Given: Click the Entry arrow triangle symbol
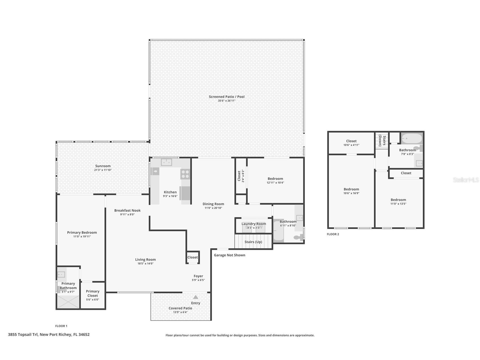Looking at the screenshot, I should [195, 297].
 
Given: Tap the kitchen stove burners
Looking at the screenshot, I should [185, 174].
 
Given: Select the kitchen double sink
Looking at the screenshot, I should [166, 162].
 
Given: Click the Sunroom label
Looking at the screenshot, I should [103, 166].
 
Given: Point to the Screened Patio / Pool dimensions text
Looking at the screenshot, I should [227, 101].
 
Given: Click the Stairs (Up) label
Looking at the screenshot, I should [253, 242].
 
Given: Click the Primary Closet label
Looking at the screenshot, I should [92, 293].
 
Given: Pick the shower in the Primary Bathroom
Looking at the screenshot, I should [68, 302].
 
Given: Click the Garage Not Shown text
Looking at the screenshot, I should [229, 255].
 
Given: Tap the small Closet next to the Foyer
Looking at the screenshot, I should [193, 257].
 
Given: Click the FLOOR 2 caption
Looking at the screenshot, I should [333, 234].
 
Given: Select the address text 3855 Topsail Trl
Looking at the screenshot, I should [49, 335].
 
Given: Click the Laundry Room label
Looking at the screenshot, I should [254, 224].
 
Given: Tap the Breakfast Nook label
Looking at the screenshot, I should [127, 211].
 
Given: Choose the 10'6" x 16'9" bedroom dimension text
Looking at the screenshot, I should [351, 193].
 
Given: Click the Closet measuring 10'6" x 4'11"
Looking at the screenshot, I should [351, 143].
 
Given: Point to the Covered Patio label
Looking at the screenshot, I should [180, 308].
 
